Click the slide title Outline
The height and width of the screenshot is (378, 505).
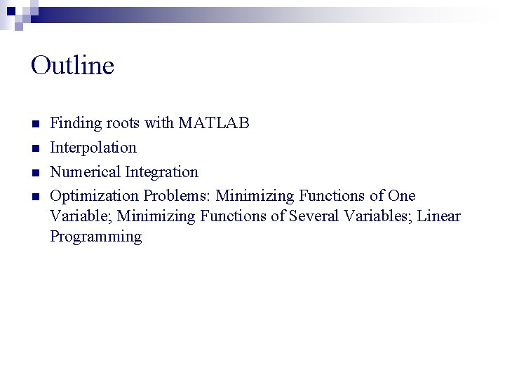pos(72,66)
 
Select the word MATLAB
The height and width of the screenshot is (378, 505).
pos(214,124)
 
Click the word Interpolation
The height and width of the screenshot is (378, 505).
pos(93,148)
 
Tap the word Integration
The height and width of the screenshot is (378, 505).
pos(161,171)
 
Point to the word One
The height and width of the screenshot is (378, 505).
pos(402,195)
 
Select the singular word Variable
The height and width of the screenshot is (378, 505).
pos(77,216)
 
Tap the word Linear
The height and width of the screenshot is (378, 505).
pos(439,216)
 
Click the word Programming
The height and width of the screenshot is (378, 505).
pos(95,237)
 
